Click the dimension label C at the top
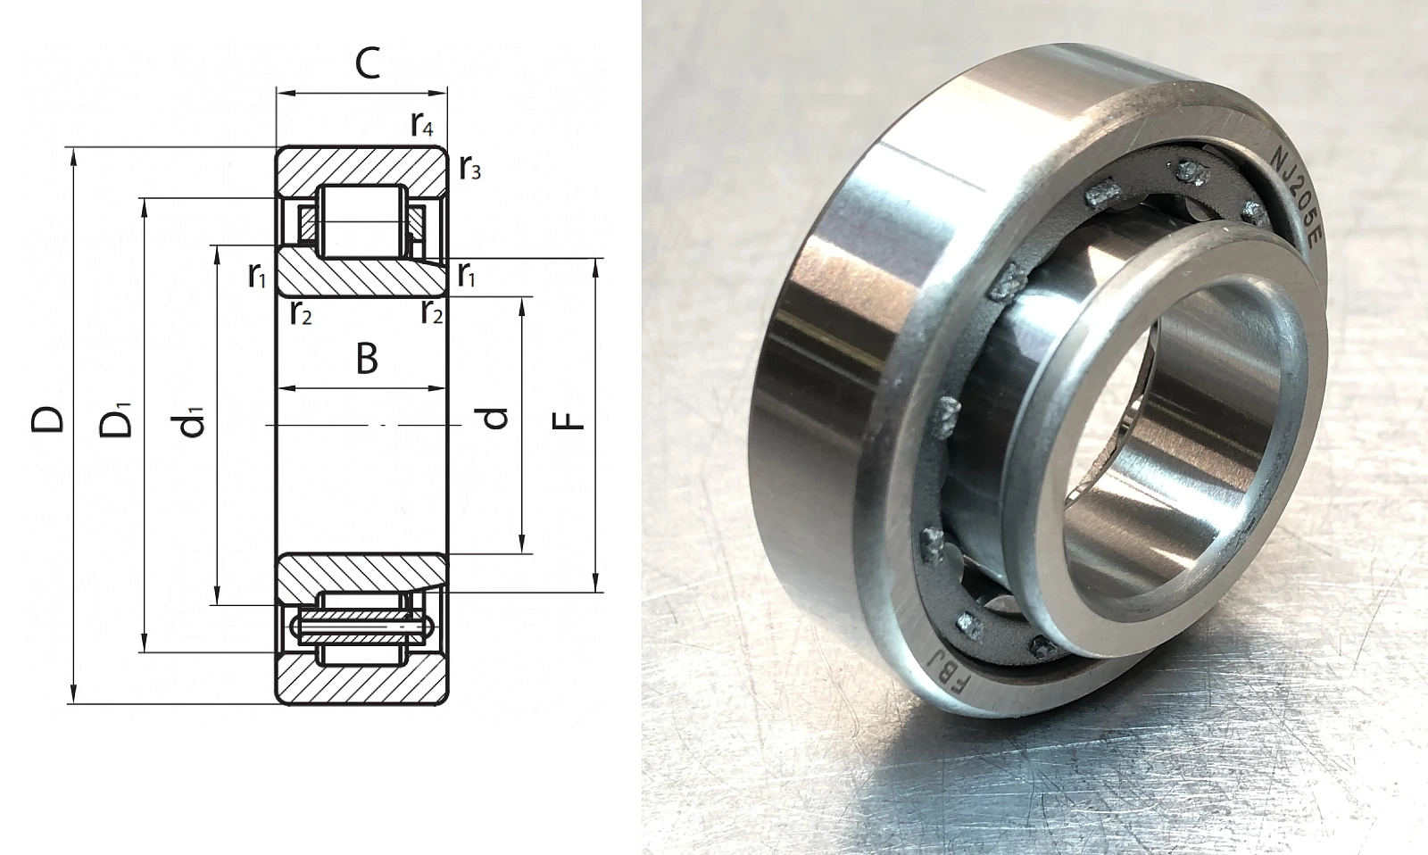coord(367,63)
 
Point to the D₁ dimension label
coord(115,419)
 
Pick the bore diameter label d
coord(494,417)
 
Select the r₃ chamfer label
coord(469,168)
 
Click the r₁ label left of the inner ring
coord(258,275)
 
